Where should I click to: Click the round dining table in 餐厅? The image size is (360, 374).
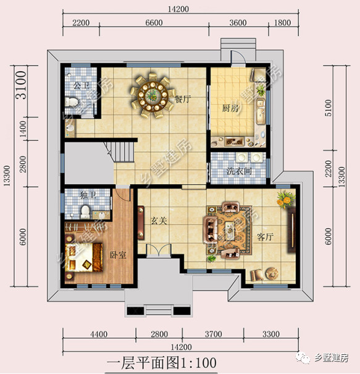153,96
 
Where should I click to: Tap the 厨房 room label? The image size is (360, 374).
230,108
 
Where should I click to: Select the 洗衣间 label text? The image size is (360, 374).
239,171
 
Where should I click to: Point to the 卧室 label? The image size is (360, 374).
118,255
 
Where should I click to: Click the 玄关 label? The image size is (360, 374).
159,221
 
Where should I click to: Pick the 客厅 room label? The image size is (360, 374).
265,237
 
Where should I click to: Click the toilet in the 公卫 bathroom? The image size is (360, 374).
71,102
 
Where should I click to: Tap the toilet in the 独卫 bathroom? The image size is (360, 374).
85,212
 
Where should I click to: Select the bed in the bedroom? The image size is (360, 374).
83,258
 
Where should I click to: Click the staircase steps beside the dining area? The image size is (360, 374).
122,152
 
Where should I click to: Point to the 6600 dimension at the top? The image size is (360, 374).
154,23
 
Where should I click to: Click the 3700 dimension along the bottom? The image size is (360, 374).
213,334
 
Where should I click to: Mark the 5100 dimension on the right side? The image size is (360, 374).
328,108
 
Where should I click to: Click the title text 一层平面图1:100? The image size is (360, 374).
162,363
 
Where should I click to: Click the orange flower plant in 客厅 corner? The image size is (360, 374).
285,199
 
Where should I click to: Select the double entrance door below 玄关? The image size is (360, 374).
159,250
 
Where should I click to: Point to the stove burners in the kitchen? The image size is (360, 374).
235,142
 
